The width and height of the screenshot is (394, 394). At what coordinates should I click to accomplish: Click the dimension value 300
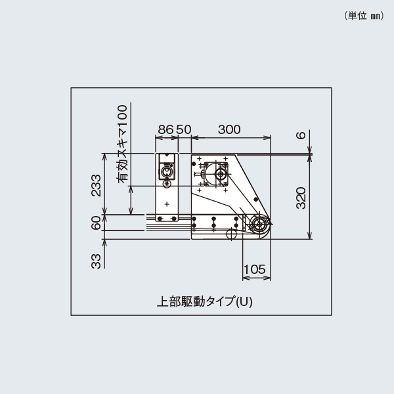[x=229, y=129]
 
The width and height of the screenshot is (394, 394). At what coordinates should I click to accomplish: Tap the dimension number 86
[x=165, y=129]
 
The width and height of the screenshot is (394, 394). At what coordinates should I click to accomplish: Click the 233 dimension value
[x=97, y=185]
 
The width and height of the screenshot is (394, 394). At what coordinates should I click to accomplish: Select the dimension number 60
[x=97, y=223]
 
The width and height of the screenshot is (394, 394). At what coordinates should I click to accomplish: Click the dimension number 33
[x=97, y=261]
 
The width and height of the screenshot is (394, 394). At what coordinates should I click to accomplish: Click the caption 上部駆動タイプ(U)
[x=205, y=302]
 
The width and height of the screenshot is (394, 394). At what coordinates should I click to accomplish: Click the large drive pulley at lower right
[x=260, y=223]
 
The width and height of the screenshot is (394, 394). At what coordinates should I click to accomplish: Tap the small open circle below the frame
[x=230, y=234]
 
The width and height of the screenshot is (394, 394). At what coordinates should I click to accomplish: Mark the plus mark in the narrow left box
[x=167, y=204]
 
